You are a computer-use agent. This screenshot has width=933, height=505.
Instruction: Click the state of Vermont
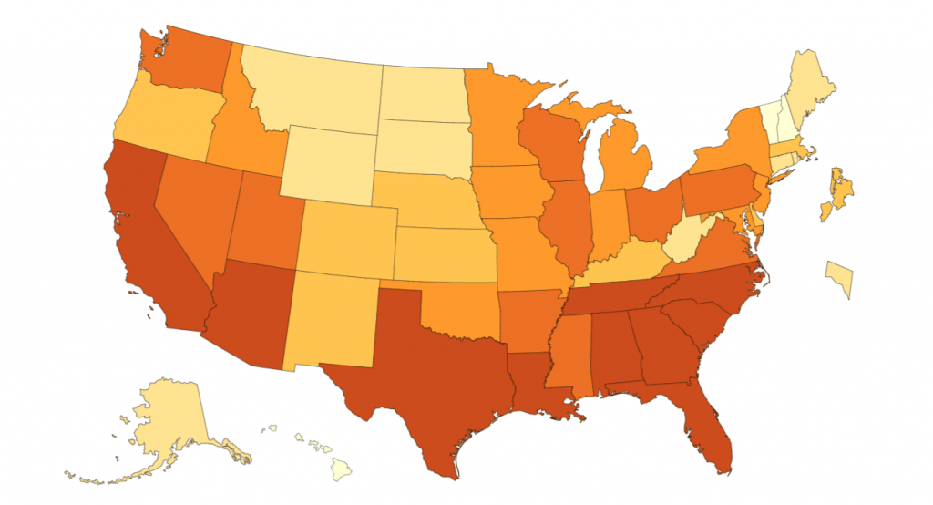[x=770, y=119]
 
